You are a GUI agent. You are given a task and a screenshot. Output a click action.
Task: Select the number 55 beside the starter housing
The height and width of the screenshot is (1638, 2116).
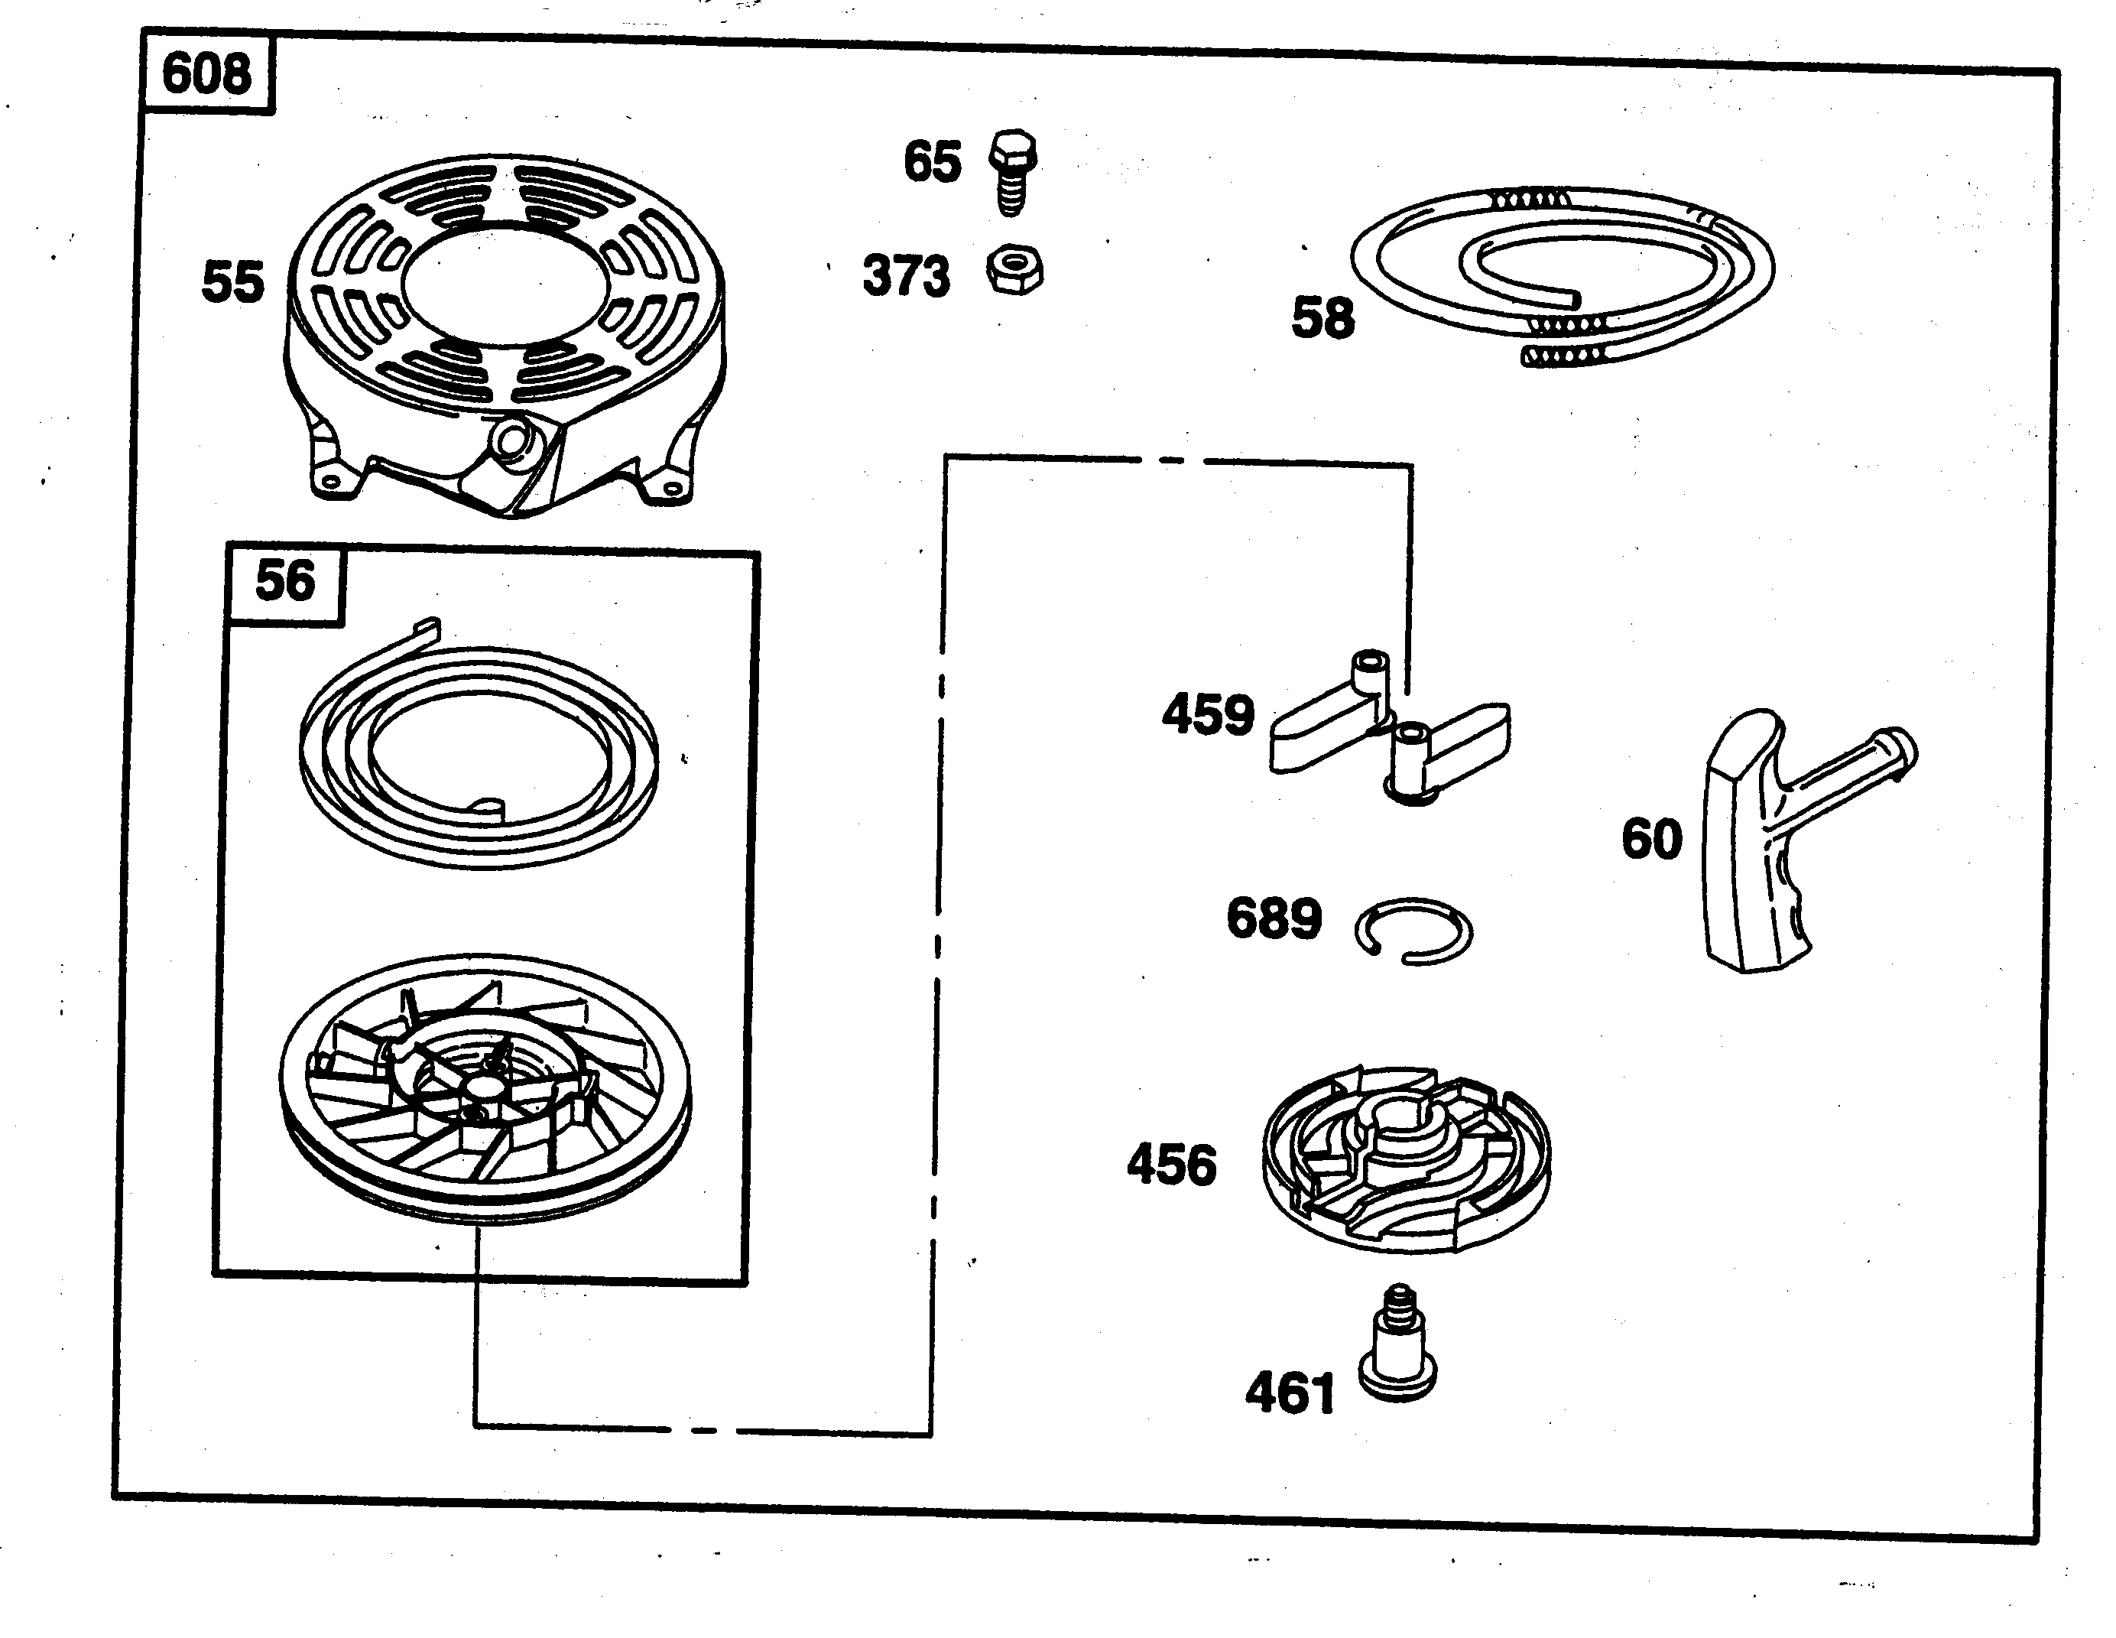pos(232,282)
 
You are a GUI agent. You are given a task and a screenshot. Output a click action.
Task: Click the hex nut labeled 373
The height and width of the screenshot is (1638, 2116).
pos(1014,271)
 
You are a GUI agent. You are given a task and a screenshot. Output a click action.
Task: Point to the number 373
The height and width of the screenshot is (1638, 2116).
pos(906,276)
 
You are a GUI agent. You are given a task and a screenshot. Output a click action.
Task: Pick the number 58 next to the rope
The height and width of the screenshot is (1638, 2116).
pos(1322,318)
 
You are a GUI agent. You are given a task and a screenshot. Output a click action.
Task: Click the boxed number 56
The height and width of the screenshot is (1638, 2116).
pos(285,581)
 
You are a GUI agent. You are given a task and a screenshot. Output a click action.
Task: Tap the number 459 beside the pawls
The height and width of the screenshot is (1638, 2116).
pos(1207,715)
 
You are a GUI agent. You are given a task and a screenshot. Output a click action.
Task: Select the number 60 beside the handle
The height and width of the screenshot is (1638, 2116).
pos(1652,840)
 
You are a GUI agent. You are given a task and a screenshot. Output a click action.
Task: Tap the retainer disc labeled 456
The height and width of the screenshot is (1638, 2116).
pos(1405,1159)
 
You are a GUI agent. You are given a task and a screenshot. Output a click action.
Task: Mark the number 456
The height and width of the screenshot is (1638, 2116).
pos(1170,1165)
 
